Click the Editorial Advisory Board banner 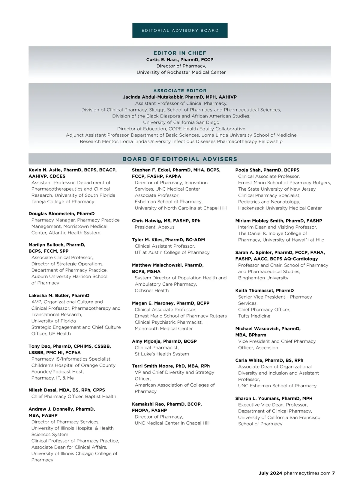click(x=180, y=30)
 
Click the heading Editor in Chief click(x=180, y=53)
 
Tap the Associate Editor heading click(x=180, y=91)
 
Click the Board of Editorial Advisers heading click(x=180, y=159)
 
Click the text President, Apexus click(x=154, y=227)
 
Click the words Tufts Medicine click(x=254, y=316)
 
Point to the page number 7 click(x=333, y=473)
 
